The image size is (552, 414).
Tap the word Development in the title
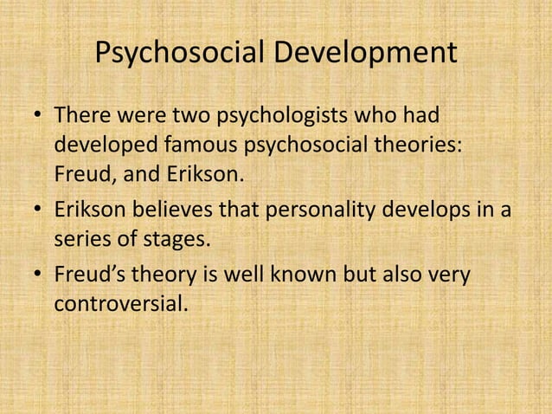click(x=366, y=53)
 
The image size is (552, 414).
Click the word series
click(x=81, y=241)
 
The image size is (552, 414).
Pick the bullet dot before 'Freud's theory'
click(x=36, y=275)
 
